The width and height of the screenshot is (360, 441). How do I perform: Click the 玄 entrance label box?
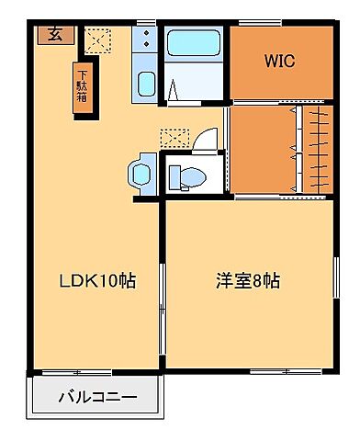55,36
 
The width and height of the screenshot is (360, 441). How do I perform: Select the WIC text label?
279,62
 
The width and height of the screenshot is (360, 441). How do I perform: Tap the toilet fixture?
187,176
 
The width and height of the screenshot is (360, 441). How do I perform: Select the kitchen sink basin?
146,85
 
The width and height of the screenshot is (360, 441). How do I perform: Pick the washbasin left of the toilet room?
141,171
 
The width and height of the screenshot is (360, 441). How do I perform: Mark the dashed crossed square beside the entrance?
96,40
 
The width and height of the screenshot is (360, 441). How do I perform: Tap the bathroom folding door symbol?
174,89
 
